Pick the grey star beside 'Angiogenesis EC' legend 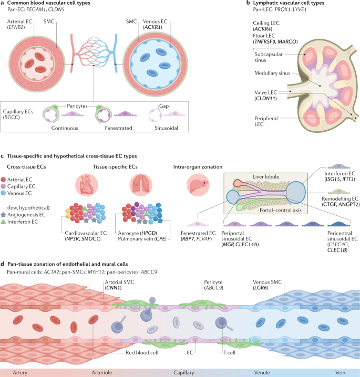pos(5,215)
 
